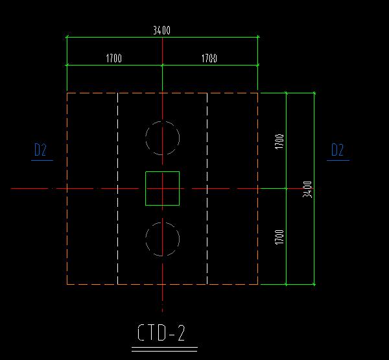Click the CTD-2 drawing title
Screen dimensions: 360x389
coord(162,333)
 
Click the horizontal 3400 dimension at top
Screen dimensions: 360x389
coord(162,30)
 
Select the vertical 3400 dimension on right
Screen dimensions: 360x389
coord(309,189)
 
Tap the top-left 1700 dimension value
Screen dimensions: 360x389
coord(113,59)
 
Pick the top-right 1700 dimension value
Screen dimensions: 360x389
coord(209,59)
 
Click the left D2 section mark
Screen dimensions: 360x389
coord(40,150)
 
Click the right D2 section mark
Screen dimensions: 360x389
coord(337,150)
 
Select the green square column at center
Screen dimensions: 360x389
coord(162,188)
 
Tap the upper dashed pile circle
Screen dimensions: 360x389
coord(162,138)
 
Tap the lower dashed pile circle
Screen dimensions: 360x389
coord(162,239)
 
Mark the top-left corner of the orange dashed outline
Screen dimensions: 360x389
coord(67,93)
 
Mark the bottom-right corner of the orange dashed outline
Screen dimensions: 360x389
coord(258,283)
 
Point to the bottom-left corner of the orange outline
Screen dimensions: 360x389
coord(67,283)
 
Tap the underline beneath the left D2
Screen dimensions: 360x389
coord(41,160)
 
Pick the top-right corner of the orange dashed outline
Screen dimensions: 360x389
coord(258,93)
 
